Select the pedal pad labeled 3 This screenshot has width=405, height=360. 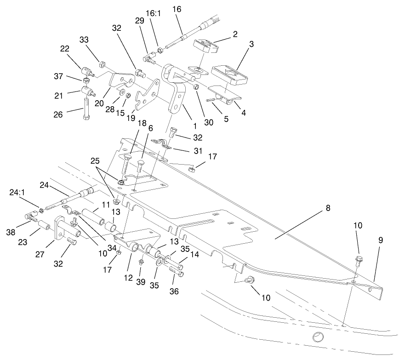pos(229,75)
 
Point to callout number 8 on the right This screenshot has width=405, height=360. pos(328,208)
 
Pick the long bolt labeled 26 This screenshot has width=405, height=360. pos(86,109)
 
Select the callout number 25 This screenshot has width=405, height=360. pos(95,162)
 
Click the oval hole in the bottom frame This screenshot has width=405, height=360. pos(317,337)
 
